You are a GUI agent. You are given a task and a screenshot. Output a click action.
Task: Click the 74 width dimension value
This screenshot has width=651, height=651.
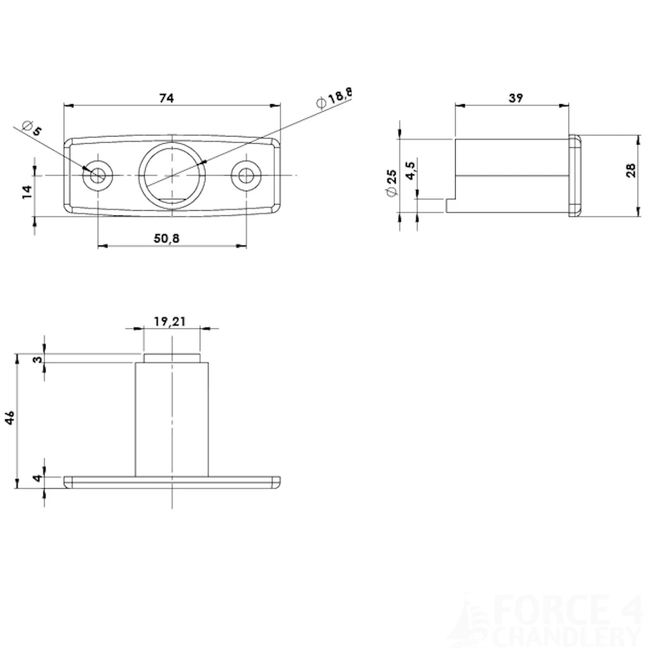167,98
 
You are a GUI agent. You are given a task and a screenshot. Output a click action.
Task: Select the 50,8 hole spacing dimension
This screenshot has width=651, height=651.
167,238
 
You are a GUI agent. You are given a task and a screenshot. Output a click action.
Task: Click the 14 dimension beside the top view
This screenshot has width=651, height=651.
27,192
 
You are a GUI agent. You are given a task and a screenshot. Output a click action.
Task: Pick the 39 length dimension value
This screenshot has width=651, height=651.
516,98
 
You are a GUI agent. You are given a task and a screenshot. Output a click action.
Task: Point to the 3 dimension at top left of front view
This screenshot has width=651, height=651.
38,359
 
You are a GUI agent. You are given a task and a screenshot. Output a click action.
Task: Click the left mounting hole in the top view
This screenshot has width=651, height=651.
98,175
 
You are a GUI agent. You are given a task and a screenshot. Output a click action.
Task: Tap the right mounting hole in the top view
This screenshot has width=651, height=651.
246,175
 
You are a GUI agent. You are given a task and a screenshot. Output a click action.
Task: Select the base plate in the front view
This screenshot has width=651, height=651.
172,482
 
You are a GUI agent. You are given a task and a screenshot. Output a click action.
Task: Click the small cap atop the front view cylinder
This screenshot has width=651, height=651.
172,358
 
